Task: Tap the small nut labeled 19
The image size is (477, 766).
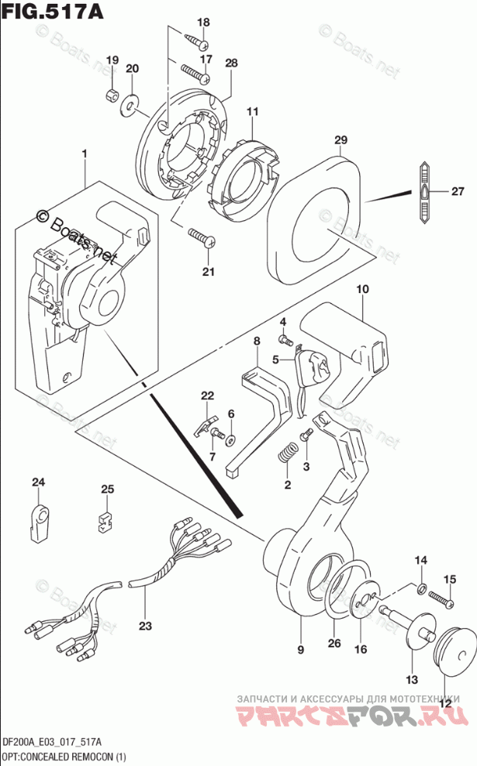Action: click(x=111, y=95)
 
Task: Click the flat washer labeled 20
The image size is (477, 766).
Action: click(x=130, y=99)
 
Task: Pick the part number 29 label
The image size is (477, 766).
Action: click(x=340, y=140)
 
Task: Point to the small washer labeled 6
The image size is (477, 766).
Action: click(x=230, y=440)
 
